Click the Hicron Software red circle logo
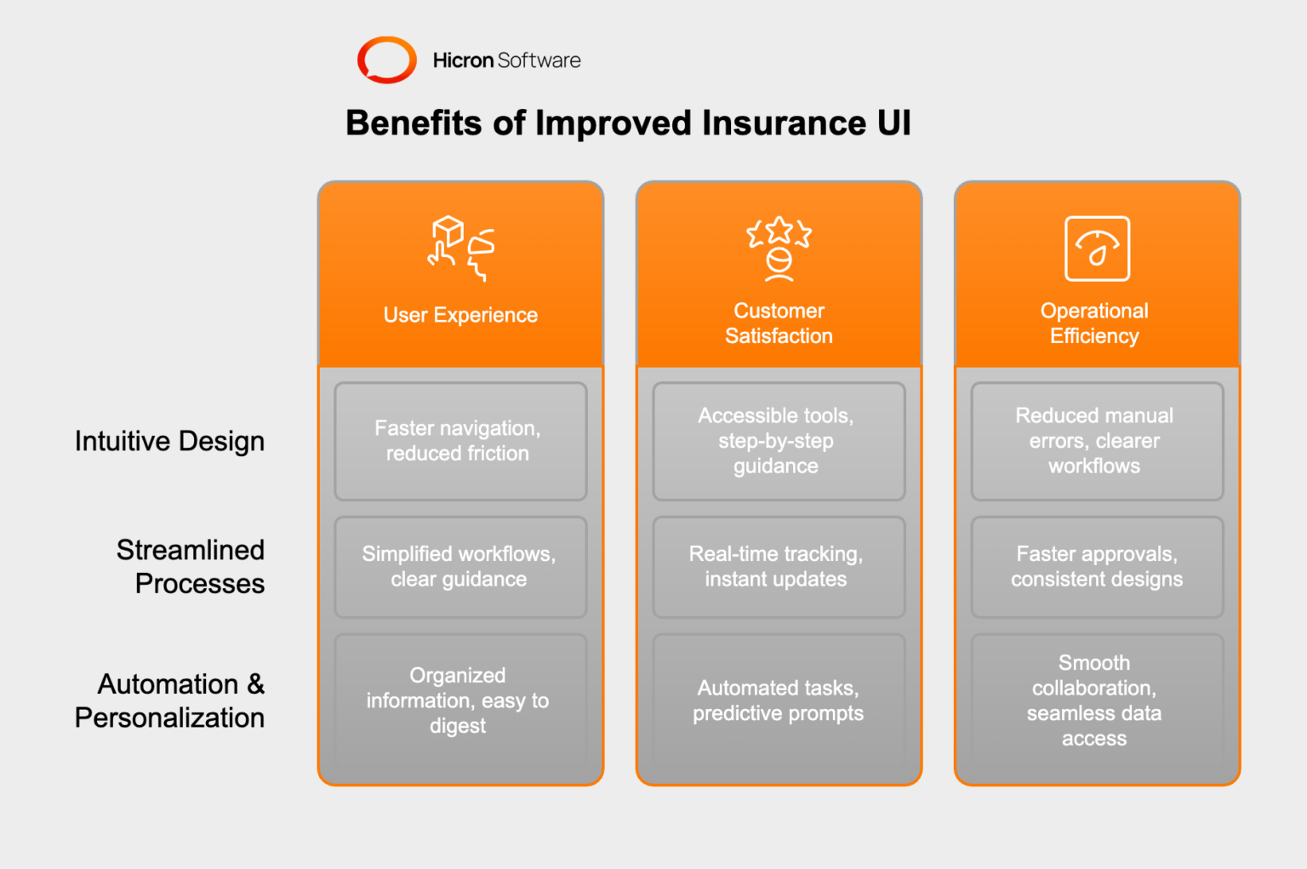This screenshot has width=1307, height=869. tap(386, 60)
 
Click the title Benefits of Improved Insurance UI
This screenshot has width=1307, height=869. tap(628, 123)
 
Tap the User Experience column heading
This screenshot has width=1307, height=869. tap(460, 315)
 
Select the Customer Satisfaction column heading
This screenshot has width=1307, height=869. tap(779, 323)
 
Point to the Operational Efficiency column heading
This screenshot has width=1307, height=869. tap(1094, 323)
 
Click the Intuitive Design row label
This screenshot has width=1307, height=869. tap(169, 441)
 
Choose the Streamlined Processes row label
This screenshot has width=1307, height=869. tap(191, 567)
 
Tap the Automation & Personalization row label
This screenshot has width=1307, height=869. tap(170, 700)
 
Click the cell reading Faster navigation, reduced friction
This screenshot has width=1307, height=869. tap(460, 441)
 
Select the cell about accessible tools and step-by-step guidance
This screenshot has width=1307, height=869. tap(779, 441)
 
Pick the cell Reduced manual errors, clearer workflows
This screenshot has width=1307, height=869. tap(1096, 441)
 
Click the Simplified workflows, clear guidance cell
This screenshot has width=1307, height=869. tap(460, 567)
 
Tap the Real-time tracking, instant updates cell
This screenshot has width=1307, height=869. tap(779, 567)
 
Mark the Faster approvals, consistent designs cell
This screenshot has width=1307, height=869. tap(1096, 567)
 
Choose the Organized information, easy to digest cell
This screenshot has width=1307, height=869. tap(460, 700)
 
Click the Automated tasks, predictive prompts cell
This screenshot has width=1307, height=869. tap(779, 700)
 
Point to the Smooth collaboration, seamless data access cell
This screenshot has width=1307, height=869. tap(1096, 700)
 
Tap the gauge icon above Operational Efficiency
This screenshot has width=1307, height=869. tap(1097, 249)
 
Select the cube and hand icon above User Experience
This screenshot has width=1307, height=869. tap(460, 248)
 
